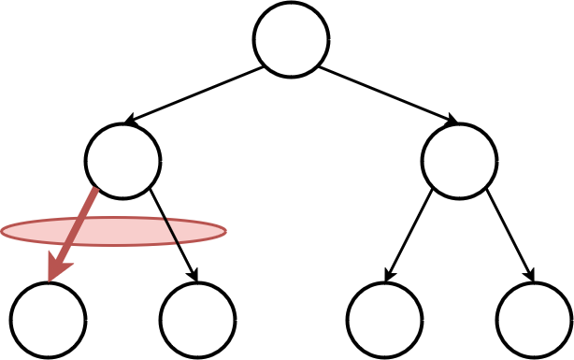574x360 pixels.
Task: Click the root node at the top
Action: pyautogui.click(x=291, y=39)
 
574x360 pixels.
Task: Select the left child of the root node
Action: pyautogui.click(x=122, y=161)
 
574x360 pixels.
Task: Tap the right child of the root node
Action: pyautogui.click(x=459, y=161)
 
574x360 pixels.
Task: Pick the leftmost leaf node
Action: pyautogui.click(x=48, y=320)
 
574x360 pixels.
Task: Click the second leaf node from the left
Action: pyautogui.click(x=197, y=320)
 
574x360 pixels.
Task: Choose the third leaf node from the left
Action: pyautogui.click(x=384, y=320)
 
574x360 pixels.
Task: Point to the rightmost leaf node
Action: pyautogui.click(x=534, y=320)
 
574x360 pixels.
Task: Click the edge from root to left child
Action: pyautogui.click(x=196, y=94)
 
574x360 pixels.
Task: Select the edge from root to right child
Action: pyautogui.click(x=385, y=94)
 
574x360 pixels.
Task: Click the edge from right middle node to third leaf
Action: pyautogui.click(x=408, y=234)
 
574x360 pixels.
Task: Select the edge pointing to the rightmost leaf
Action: pyautogui.click(x=510, y=234)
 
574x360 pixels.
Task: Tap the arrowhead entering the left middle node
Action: pyautogui.click(x=132, y=120)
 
